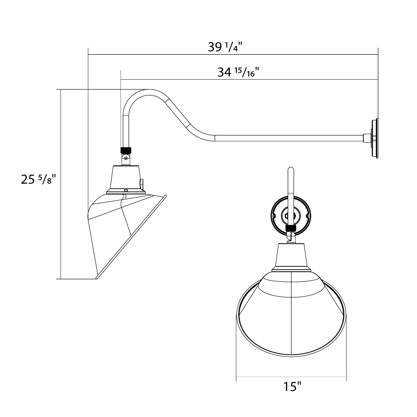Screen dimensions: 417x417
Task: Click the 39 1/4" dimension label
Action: [225, 47]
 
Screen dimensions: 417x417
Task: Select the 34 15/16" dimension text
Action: [238, 72]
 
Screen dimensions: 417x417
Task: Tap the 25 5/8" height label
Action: [38, 179]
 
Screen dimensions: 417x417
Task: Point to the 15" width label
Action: [292, 386]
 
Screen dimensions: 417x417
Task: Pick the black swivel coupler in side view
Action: [126, 151]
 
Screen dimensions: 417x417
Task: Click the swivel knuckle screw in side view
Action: [126, 159]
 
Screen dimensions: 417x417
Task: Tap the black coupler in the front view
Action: [291, 228]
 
